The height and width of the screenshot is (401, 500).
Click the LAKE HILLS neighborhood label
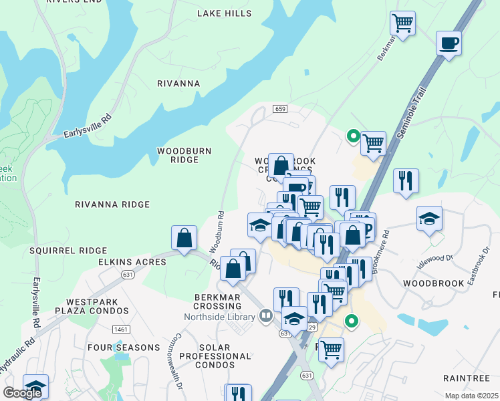coord(225,13)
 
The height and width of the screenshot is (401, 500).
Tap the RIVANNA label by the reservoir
coord(178,84)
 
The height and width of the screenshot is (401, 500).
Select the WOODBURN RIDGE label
coord(184,155)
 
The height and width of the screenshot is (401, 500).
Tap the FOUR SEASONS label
coord(123,348)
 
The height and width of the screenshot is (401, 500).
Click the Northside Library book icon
coord(265,315)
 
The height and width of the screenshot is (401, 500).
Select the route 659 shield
coord(280,108)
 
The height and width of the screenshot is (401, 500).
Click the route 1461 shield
coord(102,329)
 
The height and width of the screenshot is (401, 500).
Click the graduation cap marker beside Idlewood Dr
coord(429,219)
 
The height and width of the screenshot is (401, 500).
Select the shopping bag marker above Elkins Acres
coord(184,238)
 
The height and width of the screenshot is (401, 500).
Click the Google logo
coord(22,392)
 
